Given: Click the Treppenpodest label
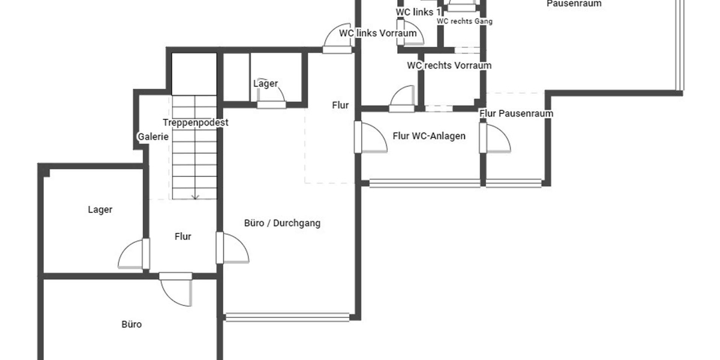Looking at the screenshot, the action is [x=196, y=122].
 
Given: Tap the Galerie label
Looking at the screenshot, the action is [x=153, y=137].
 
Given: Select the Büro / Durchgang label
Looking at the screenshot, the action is [x=282, y=223].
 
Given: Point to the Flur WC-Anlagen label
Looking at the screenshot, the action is [x=429, y=136].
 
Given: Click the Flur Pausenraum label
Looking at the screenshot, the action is [x=516, y=113].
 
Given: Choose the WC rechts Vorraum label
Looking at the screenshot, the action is [x=449, y=65].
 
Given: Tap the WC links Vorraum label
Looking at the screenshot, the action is [x=377, y=33].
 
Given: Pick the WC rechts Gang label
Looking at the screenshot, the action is [x=464, y=21].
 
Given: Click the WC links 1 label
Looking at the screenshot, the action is [x=418, y=12].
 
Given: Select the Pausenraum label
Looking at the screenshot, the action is [x=574, y=4].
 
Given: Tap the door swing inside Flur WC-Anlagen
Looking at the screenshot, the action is [x=374, y=137].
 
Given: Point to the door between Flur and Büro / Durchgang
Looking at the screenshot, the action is [x=233, y=248].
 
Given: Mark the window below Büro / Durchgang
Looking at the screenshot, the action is [x=287, y=317].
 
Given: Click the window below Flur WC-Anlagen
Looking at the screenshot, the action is [x=455, y=183].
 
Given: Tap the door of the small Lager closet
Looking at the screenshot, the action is [x=271, y=94].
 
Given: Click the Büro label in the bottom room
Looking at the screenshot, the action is [x=131, y=325].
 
